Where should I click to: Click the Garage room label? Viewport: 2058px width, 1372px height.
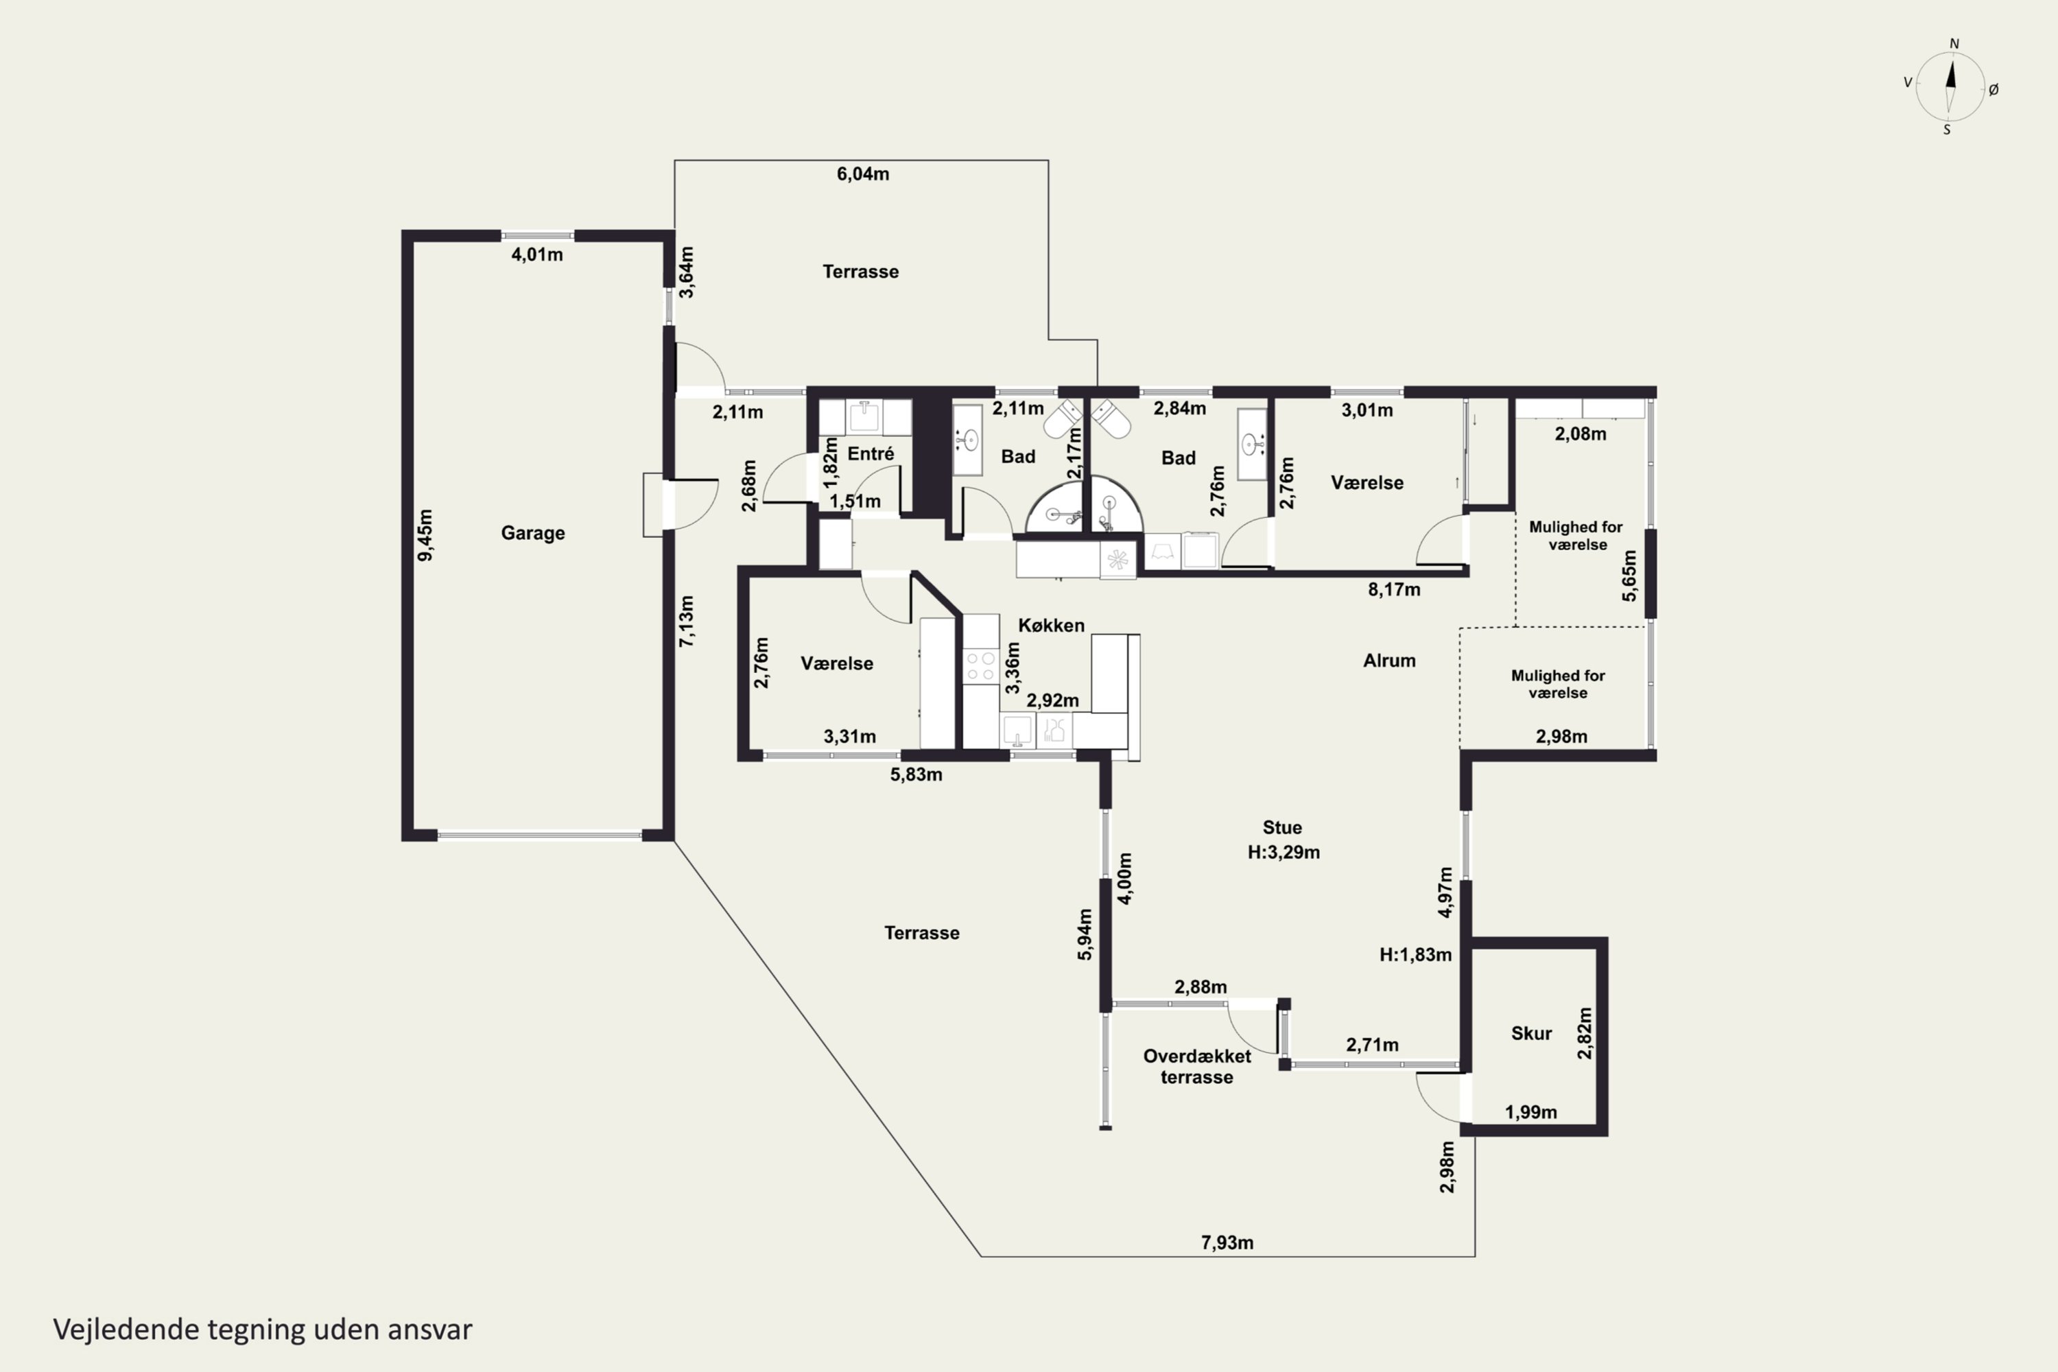[533, 533]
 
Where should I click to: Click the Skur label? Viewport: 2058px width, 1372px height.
[1531, 1033]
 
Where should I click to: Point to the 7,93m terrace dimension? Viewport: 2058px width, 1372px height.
[1227, 1242]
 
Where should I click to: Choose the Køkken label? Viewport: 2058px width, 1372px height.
[1051, 625]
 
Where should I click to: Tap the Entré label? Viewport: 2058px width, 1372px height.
[871, 453]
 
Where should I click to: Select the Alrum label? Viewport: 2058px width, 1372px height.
[1390, 661]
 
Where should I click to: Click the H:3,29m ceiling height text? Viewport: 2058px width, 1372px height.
[1284, 852]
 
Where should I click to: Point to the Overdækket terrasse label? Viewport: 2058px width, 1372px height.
[1197, 1067]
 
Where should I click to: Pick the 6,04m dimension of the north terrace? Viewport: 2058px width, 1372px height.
[863, 174]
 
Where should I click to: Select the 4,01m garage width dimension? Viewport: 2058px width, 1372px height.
[537, 255]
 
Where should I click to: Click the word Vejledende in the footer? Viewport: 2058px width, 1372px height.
[126, 1329]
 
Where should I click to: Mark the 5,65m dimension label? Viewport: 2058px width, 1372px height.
[1629, 576]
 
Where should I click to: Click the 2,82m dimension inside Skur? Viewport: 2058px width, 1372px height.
[1585, 1033]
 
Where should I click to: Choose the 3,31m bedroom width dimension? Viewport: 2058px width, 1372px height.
[850, 737]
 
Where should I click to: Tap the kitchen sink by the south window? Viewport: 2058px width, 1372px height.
[1017, 730]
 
